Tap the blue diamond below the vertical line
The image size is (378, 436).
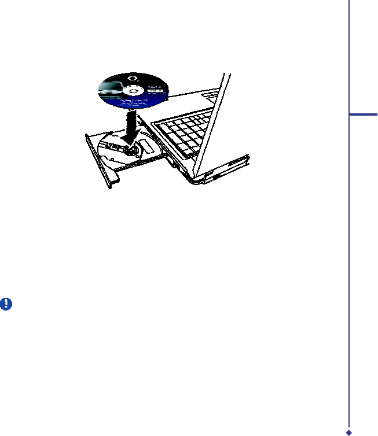(x=348, y=431)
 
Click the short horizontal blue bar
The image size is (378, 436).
(x=364, y=115)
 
